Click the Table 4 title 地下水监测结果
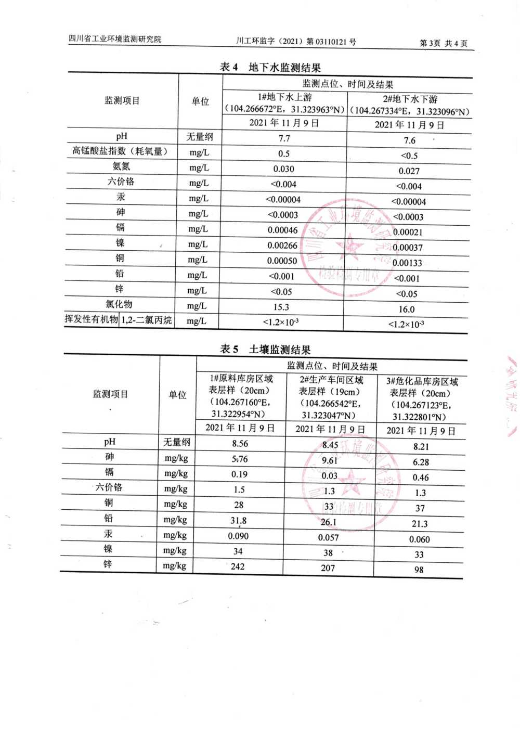coord(284,68)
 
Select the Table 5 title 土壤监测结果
coord(279,350)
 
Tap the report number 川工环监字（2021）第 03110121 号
coord(296,42)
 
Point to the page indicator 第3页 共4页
coord(443,43)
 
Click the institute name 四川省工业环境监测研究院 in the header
coord(115,39)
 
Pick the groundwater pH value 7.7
coord(284,138)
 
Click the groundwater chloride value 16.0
coord(406,310)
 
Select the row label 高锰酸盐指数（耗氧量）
coord(120,151)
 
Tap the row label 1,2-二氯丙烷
coord(146,320)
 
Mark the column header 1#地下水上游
coord(284,97)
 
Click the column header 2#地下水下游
coord(410,99)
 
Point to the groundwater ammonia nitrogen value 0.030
coord(283,169)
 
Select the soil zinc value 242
coord(238,566)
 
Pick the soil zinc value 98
coord(419,570)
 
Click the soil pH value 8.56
coord(240,444)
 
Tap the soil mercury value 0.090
coord(238,536)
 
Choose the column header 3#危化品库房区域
coord(422,382)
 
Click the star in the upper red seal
coord(349,244)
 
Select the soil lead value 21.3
coord(419,524)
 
